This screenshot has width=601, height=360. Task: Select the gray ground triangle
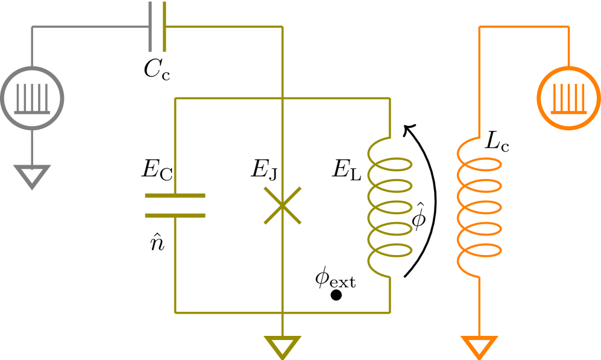click(32, 175)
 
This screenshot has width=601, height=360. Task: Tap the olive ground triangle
click(282, 347)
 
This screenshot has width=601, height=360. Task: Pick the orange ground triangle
click(479, 346)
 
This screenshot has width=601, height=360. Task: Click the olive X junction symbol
click(282, 206)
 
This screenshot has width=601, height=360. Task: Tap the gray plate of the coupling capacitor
click(151, 26)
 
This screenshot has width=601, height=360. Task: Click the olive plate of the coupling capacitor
click(164, 26)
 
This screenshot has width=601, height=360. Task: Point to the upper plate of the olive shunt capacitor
click(175, 195)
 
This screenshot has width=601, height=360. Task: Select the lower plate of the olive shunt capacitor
click(175, 215)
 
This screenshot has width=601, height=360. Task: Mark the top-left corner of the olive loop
click(175, 98)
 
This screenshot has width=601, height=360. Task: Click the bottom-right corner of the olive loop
click(390, 312)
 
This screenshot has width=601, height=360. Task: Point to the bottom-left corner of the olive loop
click(175, 312)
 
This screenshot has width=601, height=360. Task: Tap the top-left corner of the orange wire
click(479, 27)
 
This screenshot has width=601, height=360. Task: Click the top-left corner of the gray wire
click(32, 27)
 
